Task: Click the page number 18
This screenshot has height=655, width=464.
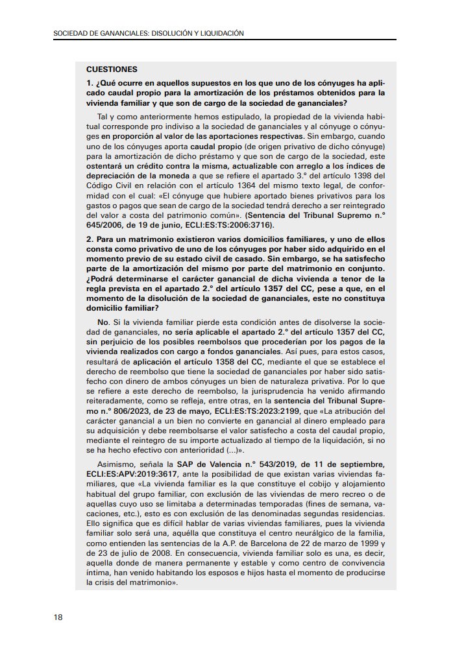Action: (58, 617)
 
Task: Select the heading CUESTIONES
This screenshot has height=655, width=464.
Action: (111, 69)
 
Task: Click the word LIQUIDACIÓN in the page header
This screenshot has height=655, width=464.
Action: (223, 33)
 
